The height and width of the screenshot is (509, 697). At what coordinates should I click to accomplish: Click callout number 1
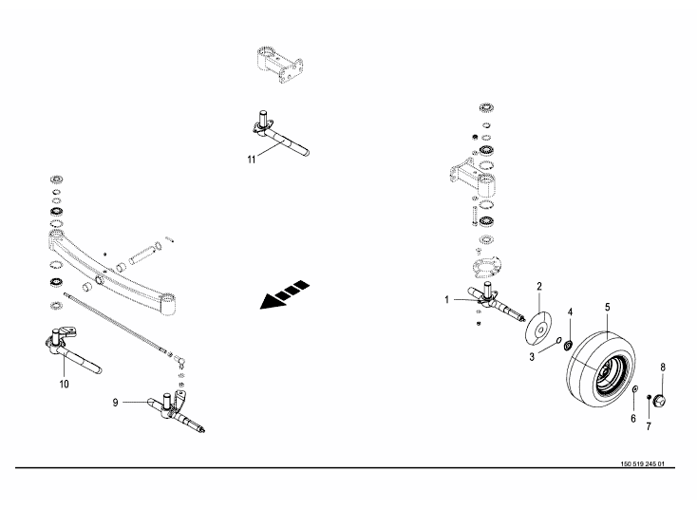pos(446,300)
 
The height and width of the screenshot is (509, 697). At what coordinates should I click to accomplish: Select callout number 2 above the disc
pos(539,286)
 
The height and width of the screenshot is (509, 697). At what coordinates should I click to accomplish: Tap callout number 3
pos(533,355)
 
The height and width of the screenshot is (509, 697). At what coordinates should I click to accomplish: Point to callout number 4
pos(570,311)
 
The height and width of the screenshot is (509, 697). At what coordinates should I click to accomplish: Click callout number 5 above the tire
pos(607,308)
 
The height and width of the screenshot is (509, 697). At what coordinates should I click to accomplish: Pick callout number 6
pos(633,419)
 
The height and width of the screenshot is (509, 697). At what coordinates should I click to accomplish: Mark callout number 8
pos(663,367)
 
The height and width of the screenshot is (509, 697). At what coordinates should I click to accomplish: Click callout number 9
pos(116,403)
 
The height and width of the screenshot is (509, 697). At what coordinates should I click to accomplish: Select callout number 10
pos(64,385)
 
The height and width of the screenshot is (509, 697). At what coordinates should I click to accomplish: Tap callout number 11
pos(251,160)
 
